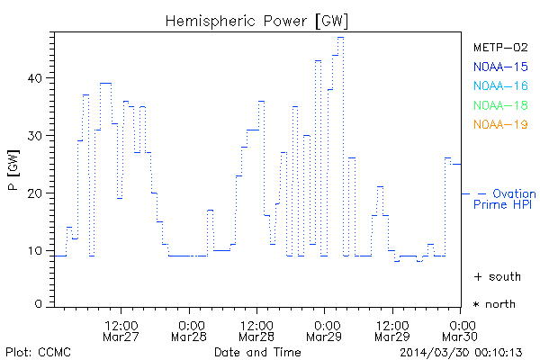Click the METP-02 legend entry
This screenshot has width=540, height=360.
(x=499, y=47)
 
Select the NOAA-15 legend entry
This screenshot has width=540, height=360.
(x=499, y=67)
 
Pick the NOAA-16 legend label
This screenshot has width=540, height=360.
(x=499, y=86)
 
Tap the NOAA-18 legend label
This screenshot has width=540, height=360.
(x=499, y=105)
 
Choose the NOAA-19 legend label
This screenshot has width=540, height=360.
(x=499, y=125)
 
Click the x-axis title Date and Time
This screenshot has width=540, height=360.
(x=257, y=351)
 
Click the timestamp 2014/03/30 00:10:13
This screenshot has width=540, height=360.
(x=462, y=351)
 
